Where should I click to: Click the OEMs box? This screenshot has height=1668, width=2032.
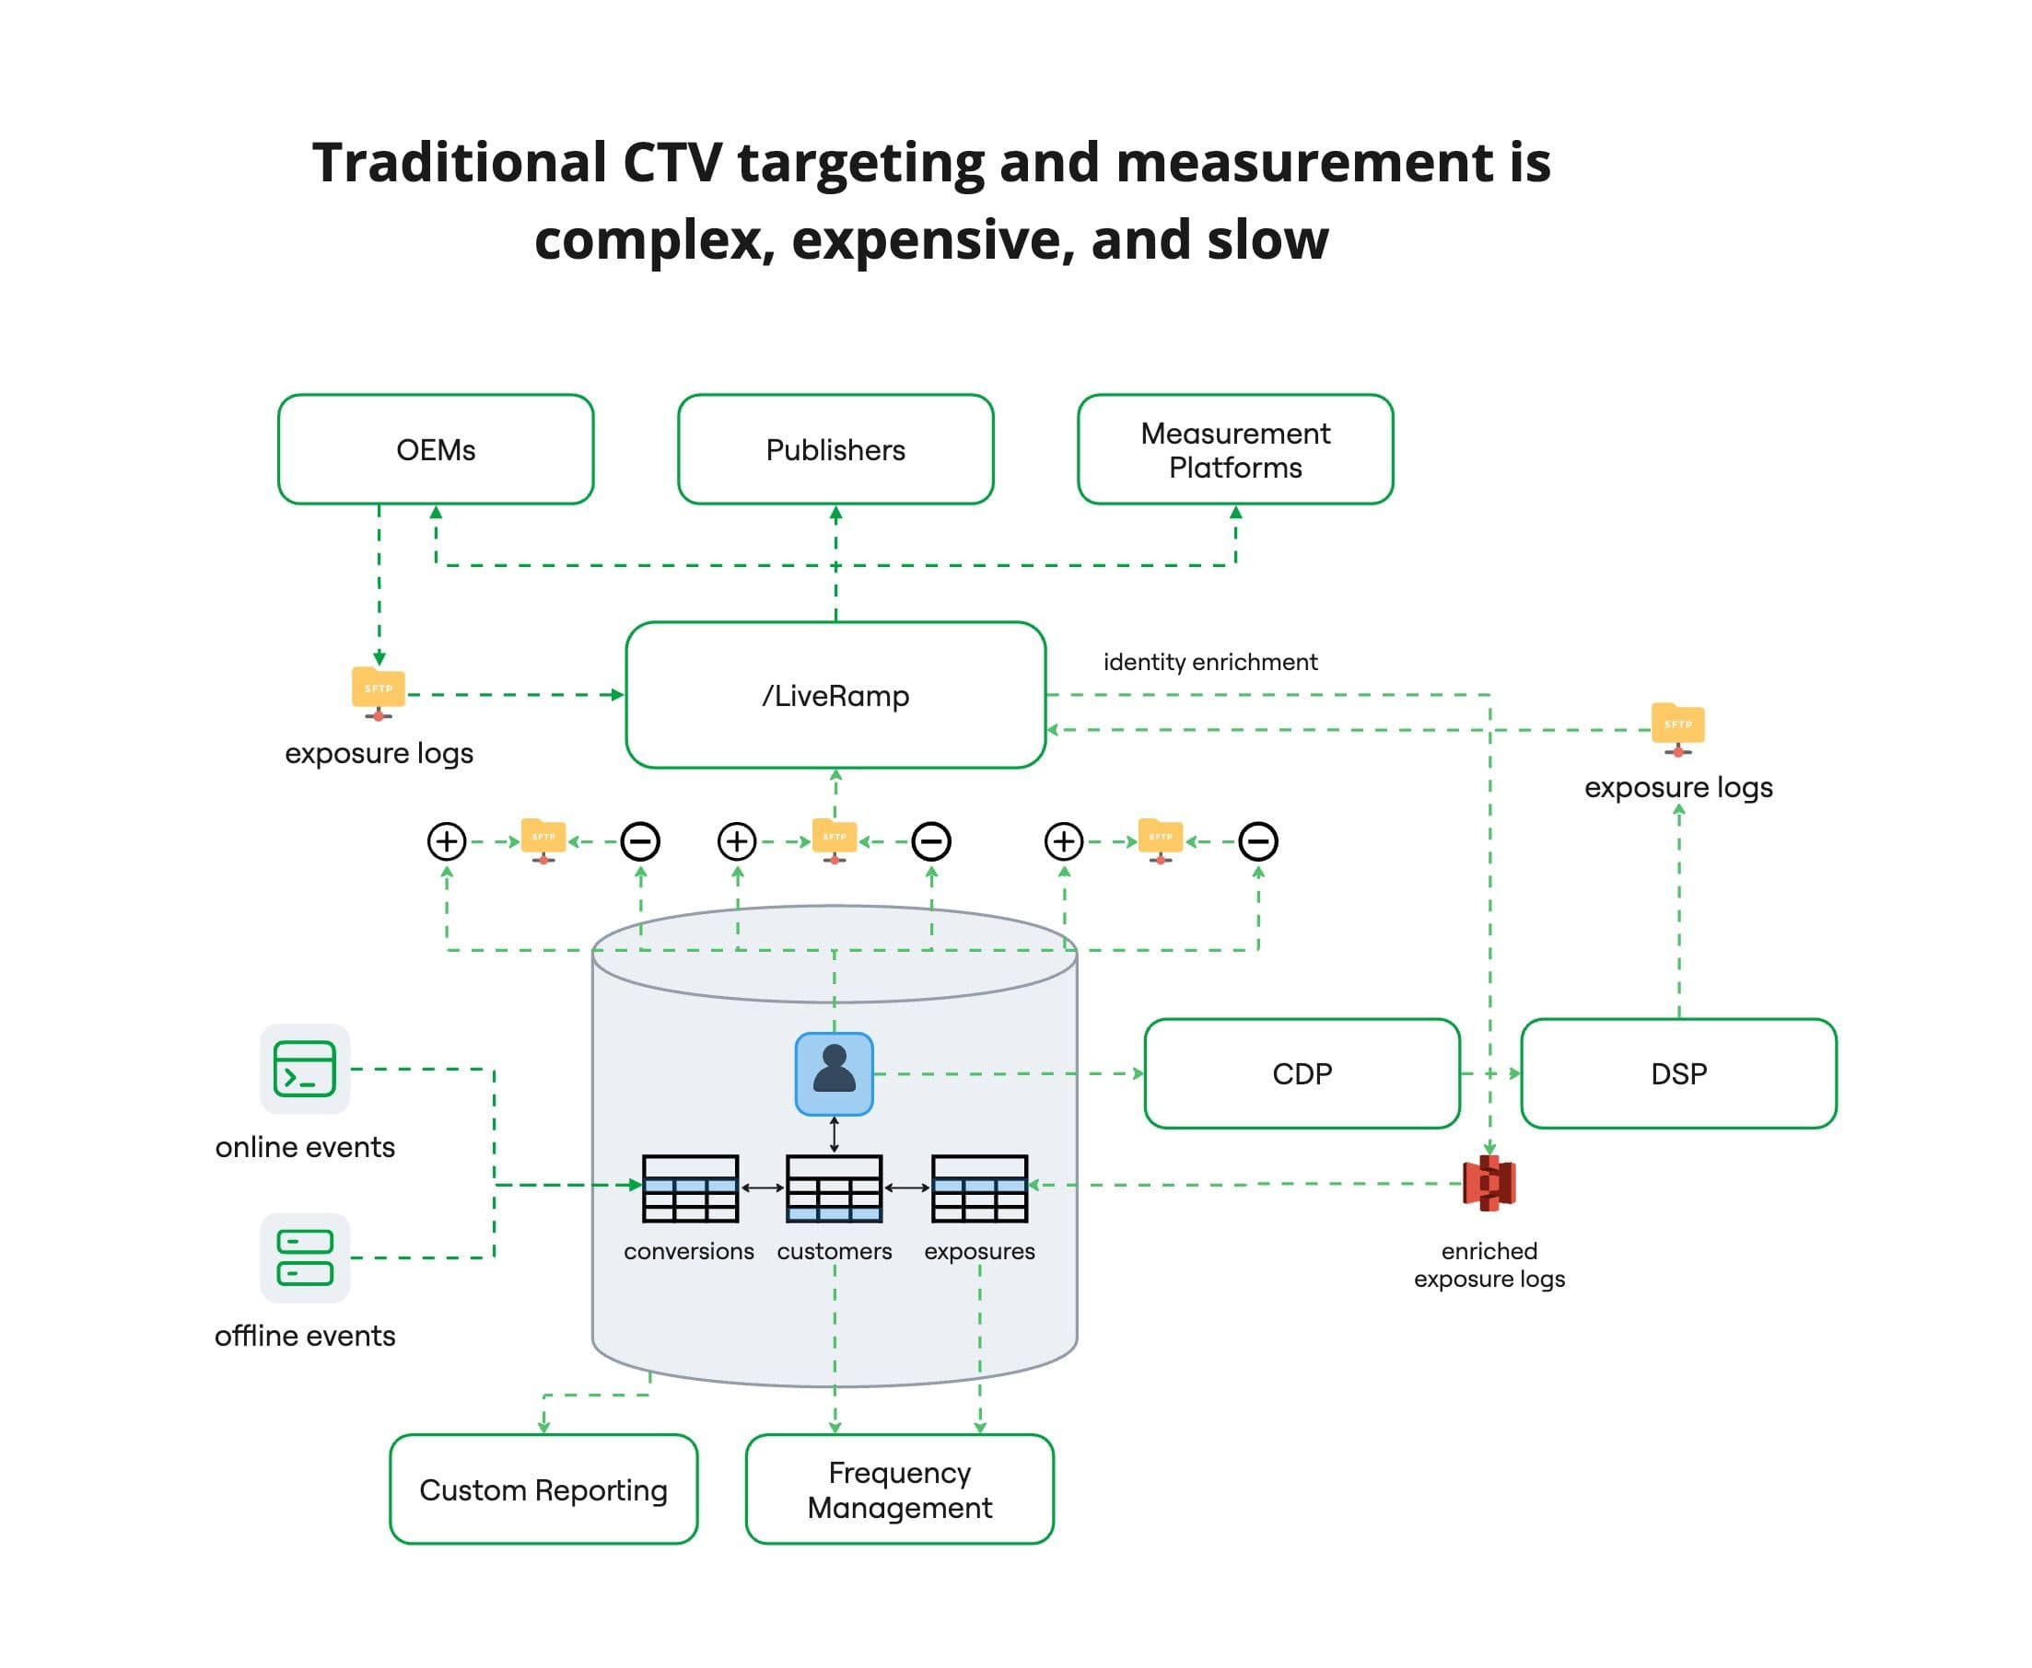click(x=436, y=448)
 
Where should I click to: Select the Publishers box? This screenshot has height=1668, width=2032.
click(x=835, y=448)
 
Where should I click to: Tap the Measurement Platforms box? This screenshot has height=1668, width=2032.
click(x=1234, y=448)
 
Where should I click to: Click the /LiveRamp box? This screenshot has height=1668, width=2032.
click(x=835, y=695)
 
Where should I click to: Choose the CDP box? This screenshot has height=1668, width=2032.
click(x=1302, y=1073)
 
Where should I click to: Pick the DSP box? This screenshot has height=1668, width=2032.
click(x=1678, y=1073)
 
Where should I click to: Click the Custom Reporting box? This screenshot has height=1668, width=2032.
click(x=543, y=1489)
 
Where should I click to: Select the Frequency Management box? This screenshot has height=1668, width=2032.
click(x=899, y=1489)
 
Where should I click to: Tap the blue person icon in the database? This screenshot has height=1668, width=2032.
click(x=834, y=1073)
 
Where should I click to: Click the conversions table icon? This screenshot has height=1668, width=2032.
click(x=690, y=1187)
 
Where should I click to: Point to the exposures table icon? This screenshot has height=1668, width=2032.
click(x=979, y=1187)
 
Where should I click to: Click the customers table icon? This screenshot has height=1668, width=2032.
click(x=834, y=1187)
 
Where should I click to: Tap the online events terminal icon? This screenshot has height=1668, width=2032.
click(x=305, y=1069)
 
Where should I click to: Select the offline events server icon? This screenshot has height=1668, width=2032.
click(x=305, y=1257)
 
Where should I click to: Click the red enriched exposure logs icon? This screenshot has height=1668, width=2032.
click(x=1489, y=1183)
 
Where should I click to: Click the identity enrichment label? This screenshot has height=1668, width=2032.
click(x=1209, y=662)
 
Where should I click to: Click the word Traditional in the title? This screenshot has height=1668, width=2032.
click(x=460, y=162)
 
